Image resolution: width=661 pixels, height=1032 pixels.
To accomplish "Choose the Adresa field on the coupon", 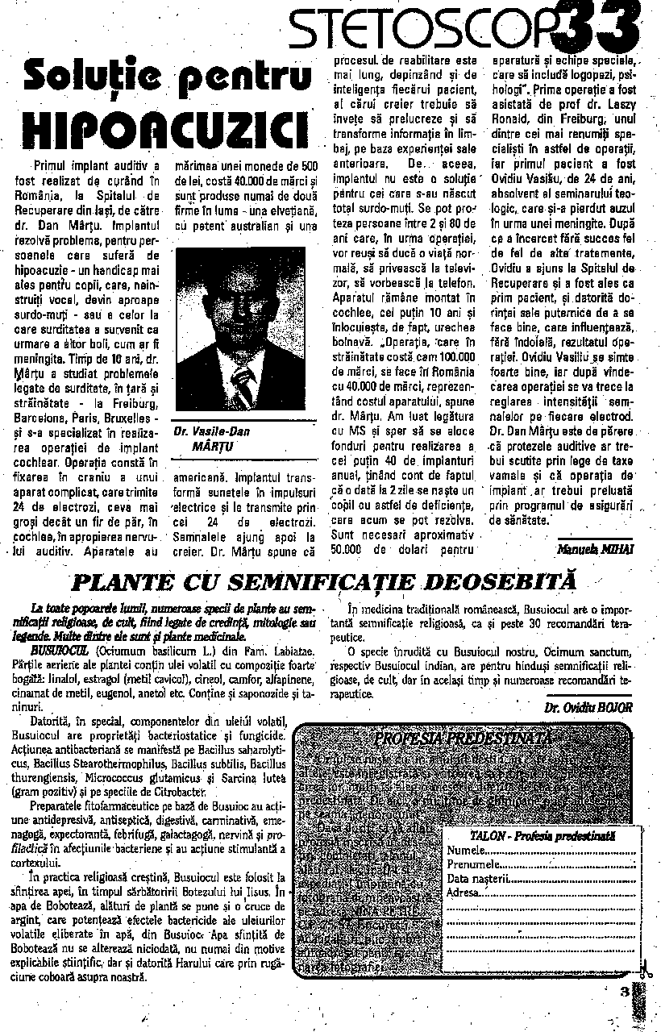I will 464,892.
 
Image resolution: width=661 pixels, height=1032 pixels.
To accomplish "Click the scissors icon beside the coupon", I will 645,972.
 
